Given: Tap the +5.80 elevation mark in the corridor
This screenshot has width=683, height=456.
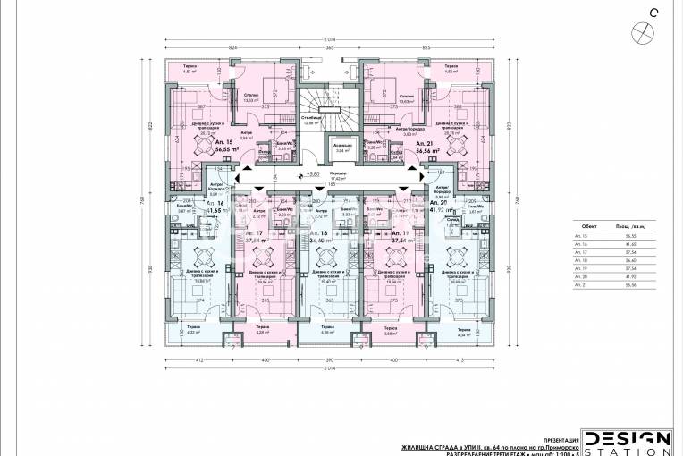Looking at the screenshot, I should (312, 174).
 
